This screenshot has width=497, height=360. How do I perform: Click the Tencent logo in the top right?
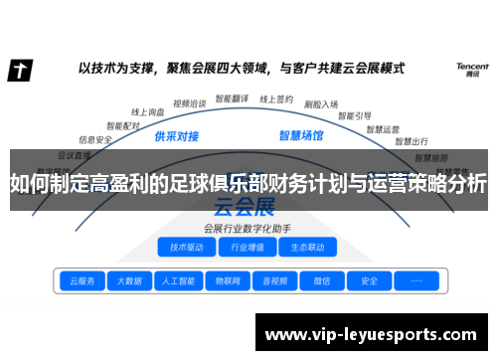click(x=471, y=69)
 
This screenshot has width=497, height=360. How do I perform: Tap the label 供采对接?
click(x=177, y=135)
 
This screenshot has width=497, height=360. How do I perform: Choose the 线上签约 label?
click(x=275, y=98)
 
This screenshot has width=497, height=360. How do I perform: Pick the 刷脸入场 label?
click(x=320, y=102)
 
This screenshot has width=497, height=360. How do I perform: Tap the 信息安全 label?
click(x=95, y=140)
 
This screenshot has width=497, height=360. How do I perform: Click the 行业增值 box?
click(x=247, y=247)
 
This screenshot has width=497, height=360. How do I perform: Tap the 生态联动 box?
click(x=307, y=247)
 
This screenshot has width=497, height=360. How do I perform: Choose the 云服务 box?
click(x=81, y=280)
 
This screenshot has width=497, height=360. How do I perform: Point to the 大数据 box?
click(x=129, y=280)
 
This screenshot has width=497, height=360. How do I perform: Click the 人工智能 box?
click(x=178, y=280)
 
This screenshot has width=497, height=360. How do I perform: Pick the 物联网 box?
click(x=227, y=280)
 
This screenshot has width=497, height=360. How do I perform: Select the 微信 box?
click(x=320, y=280)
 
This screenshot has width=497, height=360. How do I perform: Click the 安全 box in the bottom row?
click(x=369, y=280)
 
